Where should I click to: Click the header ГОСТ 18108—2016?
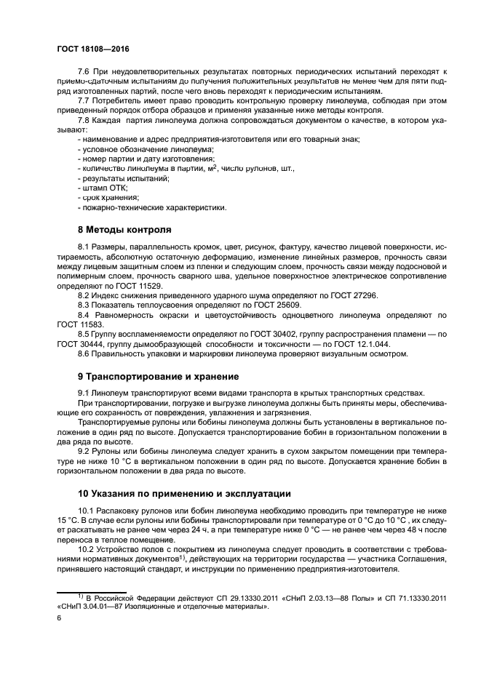coord(92,49)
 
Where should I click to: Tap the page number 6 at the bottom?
coord(59,617)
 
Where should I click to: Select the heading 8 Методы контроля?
coord(124,230)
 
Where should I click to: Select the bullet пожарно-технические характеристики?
coord(153,207)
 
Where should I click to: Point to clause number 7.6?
coord(85,72)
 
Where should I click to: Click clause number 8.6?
coord(85,353)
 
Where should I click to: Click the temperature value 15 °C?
coord(68,521)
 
